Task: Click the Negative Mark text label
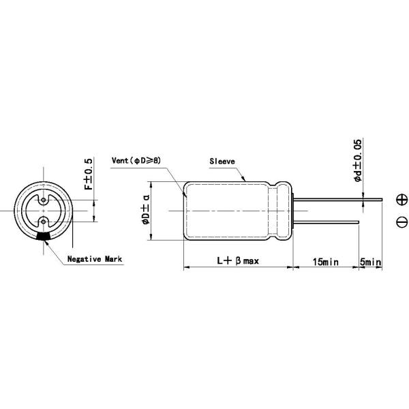tap(95, 259)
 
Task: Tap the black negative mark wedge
tap(44, 237)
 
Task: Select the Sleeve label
tap(222, 162)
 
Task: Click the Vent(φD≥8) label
tap(136, 160)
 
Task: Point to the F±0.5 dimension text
tap(88, 174)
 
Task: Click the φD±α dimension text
tap(146, 209)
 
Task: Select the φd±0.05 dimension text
tap(358, 160)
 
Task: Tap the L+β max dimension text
tap(238, 260)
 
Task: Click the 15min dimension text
tap(326, 262)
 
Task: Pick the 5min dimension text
tap(370, 262)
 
